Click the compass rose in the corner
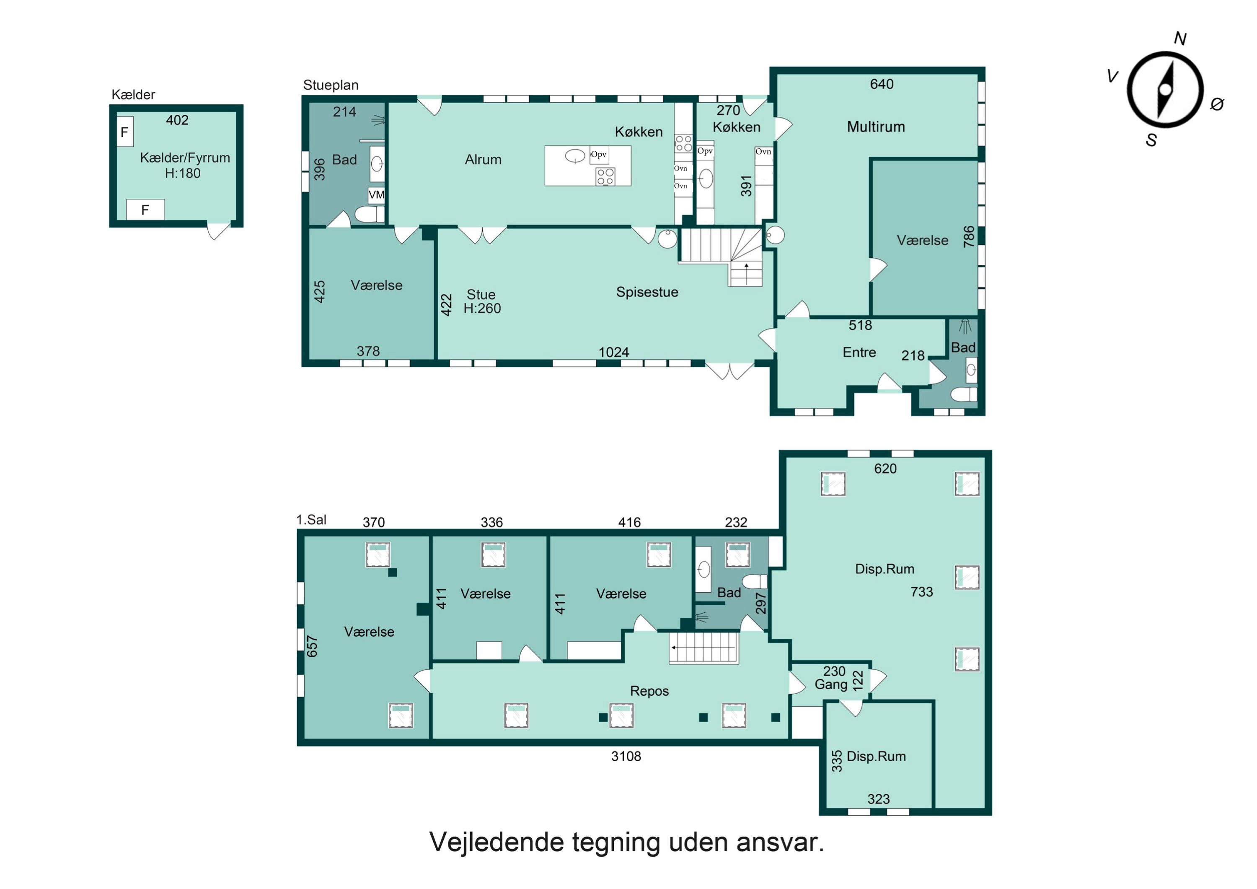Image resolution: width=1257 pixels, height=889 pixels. (x=1165, y=90)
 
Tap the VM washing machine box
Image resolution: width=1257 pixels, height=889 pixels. (x=377, y=195)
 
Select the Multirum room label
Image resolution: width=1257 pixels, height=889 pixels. (x=876, y=127)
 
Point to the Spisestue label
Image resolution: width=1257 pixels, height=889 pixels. (x=647, y=292)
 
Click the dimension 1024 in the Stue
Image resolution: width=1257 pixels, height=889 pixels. (x=614, y=352)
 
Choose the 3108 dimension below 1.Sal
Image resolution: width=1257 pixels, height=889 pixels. (x=626, y=757)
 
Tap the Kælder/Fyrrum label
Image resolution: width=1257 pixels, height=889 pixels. (x=185, y=158)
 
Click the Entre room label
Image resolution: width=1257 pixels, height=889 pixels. (x=859, y=352)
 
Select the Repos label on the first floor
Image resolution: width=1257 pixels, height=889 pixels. (x=649, y=691)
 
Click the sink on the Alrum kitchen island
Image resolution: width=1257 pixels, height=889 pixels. (x=575, y=156)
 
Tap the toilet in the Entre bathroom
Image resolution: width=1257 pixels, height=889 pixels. (x=964, y=394)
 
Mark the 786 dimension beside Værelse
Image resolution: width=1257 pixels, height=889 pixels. (x=968, y=237)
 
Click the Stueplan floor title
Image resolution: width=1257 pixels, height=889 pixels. (x=331, y=86)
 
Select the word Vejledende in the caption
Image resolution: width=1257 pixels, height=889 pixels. (x=497, y=842)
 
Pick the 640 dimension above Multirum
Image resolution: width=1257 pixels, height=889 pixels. (x=882, y=84)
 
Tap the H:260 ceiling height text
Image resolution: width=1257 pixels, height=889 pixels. (x=482, y=309)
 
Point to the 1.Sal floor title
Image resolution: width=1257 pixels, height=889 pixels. (x=311, y=520)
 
